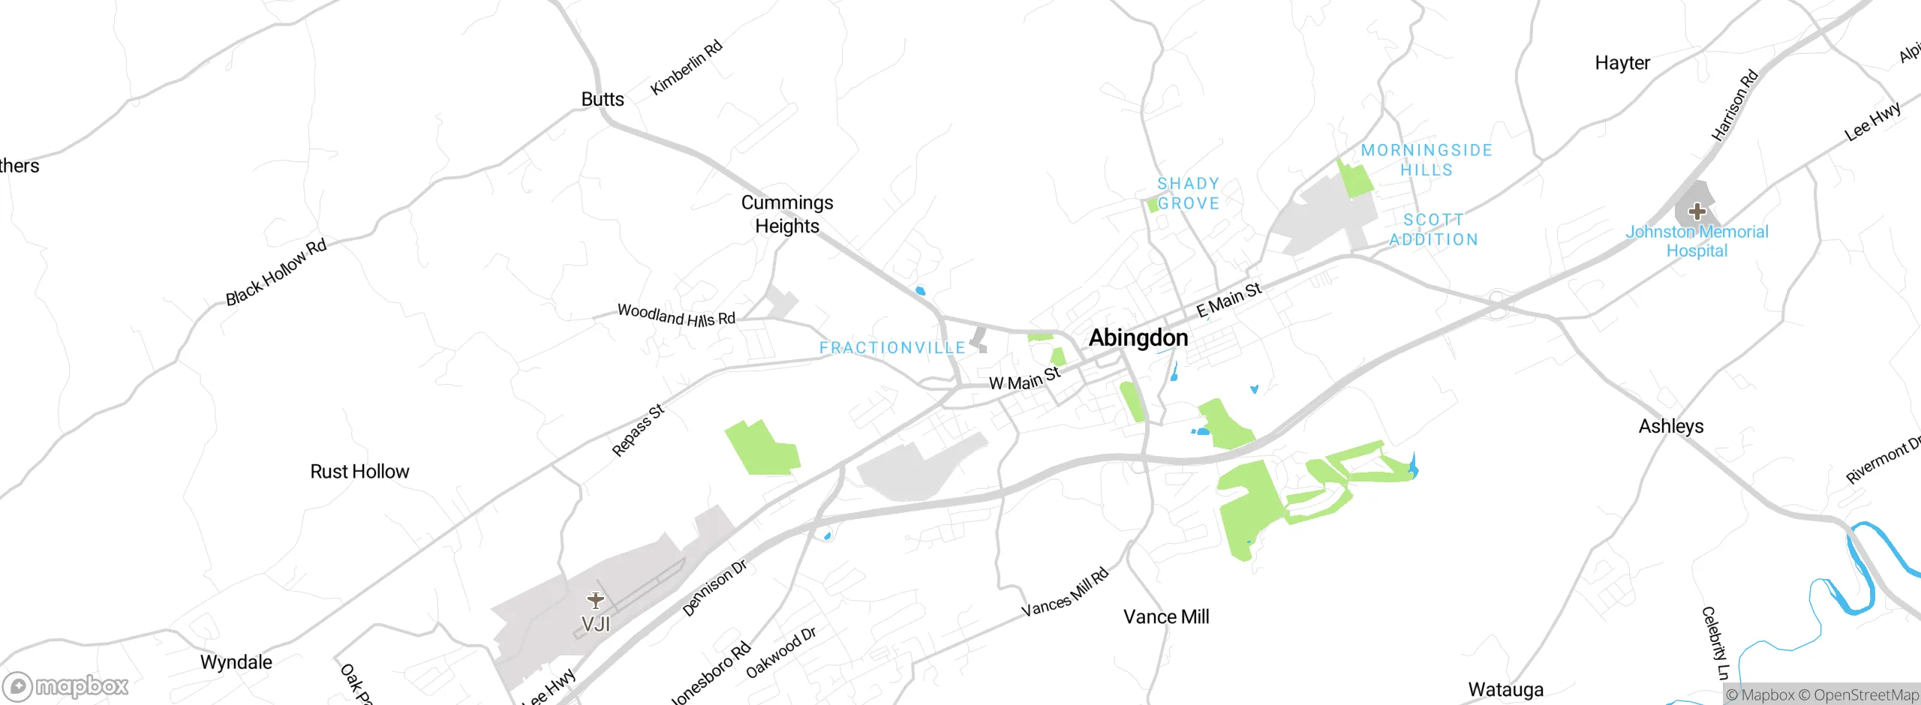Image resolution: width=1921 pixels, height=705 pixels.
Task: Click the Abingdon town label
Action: [x=1138, y=338]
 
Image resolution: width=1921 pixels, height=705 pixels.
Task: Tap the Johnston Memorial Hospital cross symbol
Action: [x=1697, y=211]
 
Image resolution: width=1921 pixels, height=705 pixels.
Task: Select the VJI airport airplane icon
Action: [x=596, y=600]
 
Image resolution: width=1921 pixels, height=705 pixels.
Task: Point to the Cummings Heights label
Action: [x=787, y=214]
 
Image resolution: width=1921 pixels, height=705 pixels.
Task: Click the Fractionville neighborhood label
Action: [x=892, y=348]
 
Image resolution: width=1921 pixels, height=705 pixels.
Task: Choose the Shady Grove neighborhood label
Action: [x=1188, y=193]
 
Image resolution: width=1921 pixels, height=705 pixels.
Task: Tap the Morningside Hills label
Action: [x=1426, y=160]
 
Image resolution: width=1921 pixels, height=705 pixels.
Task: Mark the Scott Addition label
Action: [x=1433, y=229]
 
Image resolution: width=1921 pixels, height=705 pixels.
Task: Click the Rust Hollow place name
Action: [x=359, y=472]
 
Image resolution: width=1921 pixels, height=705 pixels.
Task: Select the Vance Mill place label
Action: [x=1166, y=617]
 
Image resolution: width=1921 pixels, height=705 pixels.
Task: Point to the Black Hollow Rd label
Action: [x=276, y=272]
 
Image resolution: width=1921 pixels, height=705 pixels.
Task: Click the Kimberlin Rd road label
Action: [x=686, y=67]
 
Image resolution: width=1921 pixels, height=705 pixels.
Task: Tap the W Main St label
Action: [x=1024, y=379]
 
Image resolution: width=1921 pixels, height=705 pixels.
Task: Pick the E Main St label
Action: [x=1228, y=299]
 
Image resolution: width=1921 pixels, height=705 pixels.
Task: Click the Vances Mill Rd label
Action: [x=1065, y=593]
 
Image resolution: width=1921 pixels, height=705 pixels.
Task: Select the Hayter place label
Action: [x=1622, y=63]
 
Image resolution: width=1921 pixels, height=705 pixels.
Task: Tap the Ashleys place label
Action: [x=1671, y=427]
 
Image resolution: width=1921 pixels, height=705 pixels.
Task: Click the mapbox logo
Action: [x=66, y=686]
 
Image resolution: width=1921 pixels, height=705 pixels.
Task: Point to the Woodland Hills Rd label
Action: [x=676, y=315]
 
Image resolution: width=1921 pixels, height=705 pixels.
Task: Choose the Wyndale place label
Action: [x=236, y=662]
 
